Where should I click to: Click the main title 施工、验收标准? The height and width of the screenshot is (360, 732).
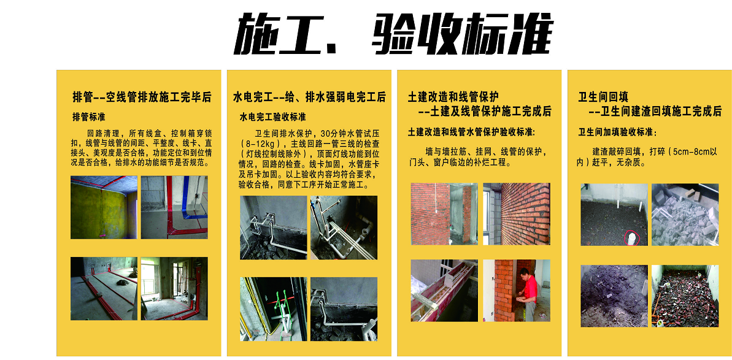tap(393, 34)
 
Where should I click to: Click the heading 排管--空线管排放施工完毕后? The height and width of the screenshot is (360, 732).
tap(142, 98)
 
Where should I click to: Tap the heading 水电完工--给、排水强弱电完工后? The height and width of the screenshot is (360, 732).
tap(309, 98)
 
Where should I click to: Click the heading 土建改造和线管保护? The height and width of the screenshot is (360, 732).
tap(453, 98)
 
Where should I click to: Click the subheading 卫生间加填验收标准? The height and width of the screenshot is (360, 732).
tap(617, 132)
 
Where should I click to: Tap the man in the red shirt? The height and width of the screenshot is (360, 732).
tap(528, 294)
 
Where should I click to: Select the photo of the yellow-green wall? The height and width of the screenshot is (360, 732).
tap(104, 207)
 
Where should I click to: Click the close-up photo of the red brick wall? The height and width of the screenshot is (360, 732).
tap(517, 214)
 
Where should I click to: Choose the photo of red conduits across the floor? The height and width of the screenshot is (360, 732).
tap(104, 288)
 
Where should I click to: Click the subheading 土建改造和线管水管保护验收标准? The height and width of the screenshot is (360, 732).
tap(471, 132)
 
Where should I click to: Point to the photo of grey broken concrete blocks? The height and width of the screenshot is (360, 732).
tap(685, 215)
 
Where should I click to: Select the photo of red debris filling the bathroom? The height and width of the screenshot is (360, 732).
tap(685, 296)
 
